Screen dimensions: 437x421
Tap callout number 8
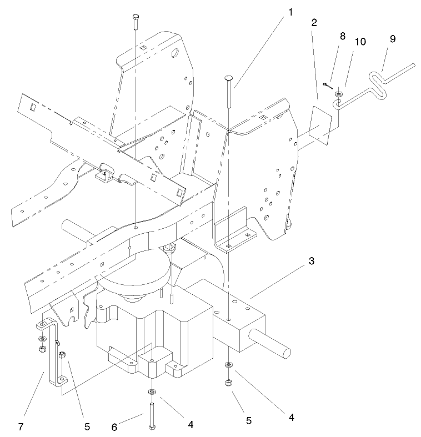click(x=343, y=36)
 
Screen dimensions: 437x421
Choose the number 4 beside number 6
click(x=191, y=424)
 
